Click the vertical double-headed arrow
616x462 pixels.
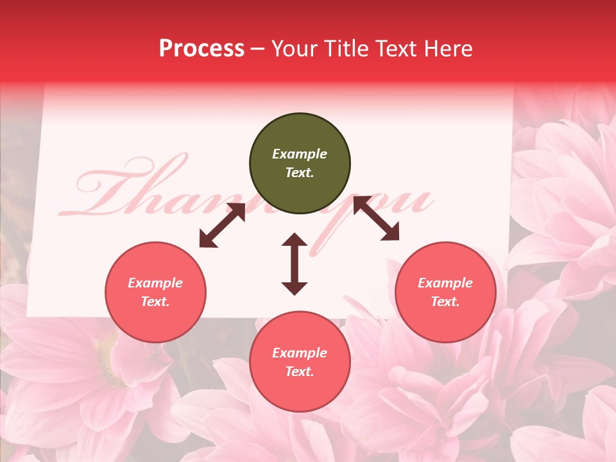(x=295, y=264)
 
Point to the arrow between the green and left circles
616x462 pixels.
(x=222, y=225)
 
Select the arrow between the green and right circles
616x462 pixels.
(x=376, y=219)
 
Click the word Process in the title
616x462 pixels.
(x=201, y=49)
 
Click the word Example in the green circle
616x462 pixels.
(x=300, y=154)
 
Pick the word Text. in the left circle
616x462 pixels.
(x=155, y=302)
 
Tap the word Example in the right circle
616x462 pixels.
(x=445, y=283)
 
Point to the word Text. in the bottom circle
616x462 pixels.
(x=300, y=372)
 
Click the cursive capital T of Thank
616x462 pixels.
(x=122, y=186)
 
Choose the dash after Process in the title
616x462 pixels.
(x=258, y=49)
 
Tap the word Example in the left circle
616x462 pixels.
(x=155, y=283)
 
